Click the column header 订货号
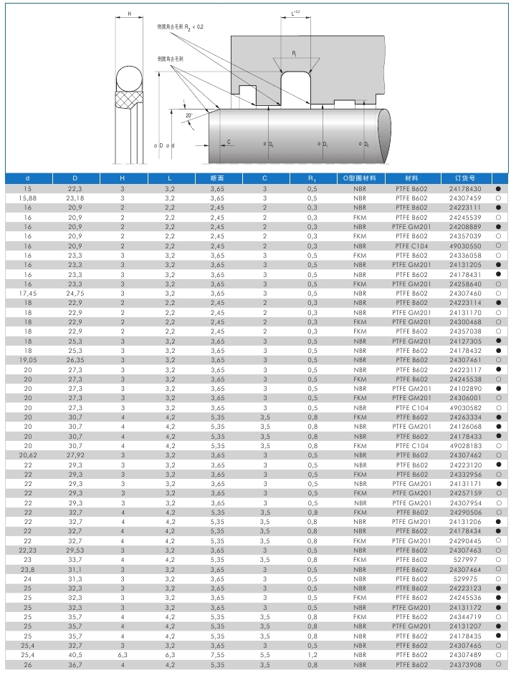click(x=464, y=178)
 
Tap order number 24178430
click(x=464, y=188)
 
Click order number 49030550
click(x=464, y=245)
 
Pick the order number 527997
click(x=464, y=560)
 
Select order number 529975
click(x=464, y=578)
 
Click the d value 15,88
click(x=28, y=198)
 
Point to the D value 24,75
click(x=75, y=293)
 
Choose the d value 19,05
click(x=28, y=359)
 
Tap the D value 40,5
click(x=75, y=655)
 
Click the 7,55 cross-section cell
click(x=218, y=655)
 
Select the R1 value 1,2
click(x=312, y=655)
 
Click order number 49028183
click(x=464, y=445)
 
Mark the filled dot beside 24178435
click(x=497, y=636)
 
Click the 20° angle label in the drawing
click(x=188, y=115)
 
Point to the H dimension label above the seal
click(x=129, y=14)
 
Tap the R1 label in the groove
click(x=295, y=54)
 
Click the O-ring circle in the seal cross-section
click(x=129, y=78)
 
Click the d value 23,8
click(x=28, y=569)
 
